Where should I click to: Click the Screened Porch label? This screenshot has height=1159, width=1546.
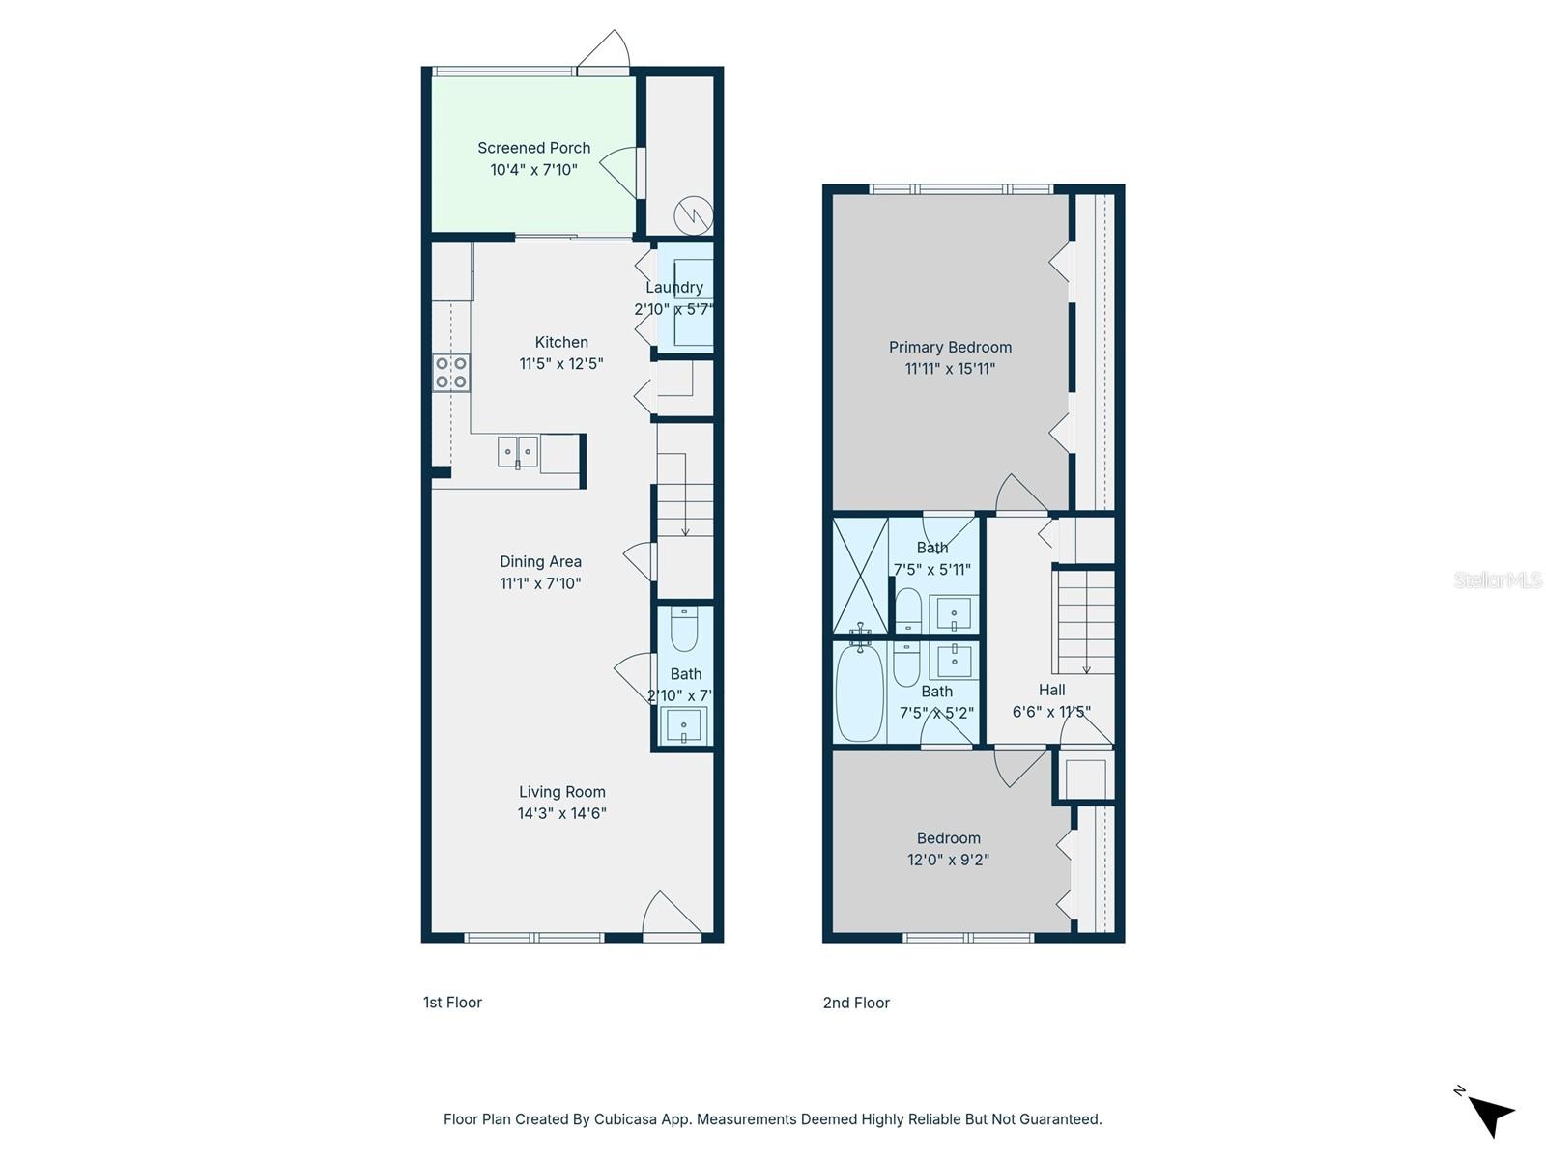[x=533, y=148]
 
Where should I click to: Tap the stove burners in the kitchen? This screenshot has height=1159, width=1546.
[x=451, y=373]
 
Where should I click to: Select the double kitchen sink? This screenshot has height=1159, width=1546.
[x=518, y=451]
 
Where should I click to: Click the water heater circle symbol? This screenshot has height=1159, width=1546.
[x=694, y=214]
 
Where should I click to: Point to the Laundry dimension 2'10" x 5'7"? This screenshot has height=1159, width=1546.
[x=673, y=309]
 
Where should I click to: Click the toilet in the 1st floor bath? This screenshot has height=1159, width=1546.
[x=684, y=631]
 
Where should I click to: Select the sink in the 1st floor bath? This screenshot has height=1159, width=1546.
[x=684, y=724]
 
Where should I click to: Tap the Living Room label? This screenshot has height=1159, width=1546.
[x=561, y=792]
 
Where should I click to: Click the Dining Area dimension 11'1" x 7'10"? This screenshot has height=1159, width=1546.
[x=540, y=583]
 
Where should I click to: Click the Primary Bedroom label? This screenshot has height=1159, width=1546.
[x=950, y=347]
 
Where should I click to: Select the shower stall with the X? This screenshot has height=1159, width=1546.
[x=860, y=576]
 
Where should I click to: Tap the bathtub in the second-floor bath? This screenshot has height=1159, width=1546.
[x=859, y=692]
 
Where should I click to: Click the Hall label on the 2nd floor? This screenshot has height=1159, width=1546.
[x=1051, y=690]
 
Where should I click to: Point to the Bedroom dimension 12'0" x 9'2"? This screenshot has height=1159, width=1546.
[x=948, y=860]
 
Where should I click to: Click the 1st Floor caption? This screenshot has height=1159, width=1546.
[x=452, y=1003]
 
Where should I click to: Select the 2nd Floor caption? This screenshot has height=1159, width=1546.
[x=856, y=1003]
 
